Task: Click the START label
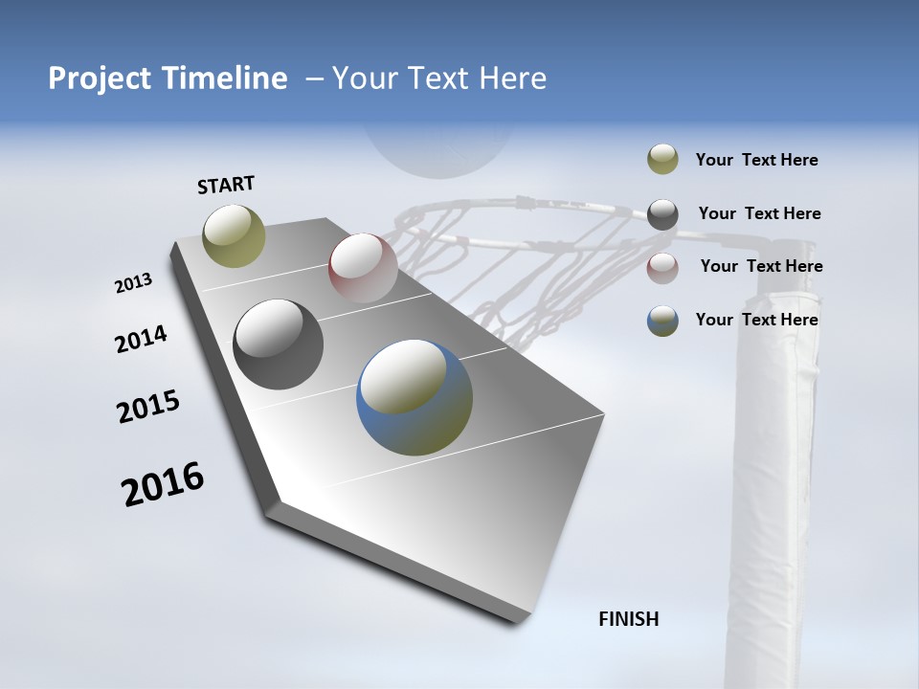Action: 226,185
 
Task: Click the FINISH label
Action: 629,619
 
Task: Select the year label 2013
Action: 134,283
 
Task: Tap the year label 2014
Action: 141,339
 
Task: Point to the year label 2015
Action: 148,407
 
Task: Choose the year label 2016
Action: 163,483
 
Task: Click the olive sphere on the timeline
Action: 235,235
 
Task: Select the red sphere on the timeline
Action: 363,268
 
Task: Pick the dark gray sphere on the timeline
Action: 278,344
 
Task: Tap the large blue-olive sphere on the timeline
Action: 415,397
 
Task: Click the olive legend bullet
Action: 662,160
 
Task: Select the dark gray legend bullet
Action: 662,214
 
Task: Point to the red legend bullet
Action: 662,268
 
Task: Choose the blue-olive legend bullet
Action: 662,321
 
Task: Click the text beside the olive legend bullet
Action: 756,160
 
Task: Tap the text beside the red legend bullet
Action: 761,266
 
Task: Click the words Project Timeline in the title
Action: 168,78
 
